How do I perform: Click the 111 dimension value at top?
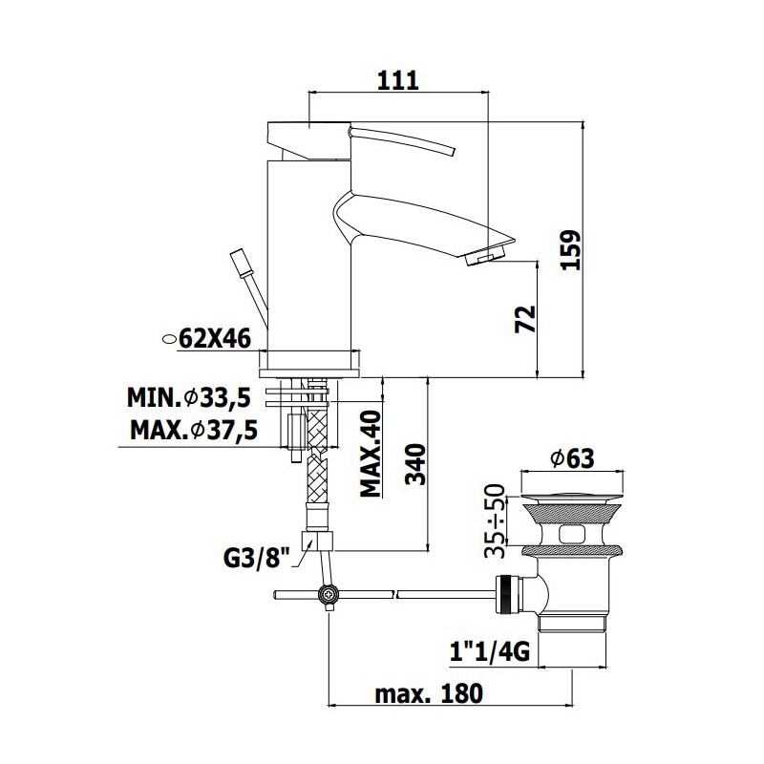[x=398, y=80]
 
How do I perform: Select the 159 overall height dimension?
[x=570, y=250]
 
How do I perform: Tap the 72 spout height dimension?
[x=525, y=320]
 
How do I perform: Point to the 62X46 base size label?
[x=215, y=338]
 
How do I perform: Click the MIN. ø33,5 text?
[x=189, y=397]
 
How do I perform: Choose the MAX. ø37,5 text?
[x=194, y=431]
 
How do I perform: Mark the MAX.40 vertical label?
[x=371, y=454]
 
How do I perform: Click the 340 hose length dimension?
[x=415, y=464]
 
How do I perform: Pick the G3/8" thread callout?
[x=257, y=559]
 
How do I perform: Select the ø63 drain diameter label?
[x=572, y=458]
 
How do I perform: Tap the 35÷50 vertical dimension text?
[x=495, y=520]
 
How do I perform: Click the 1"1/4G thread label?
[x=490, y=651]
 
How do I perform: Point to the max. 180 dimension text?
[x=429, y=693]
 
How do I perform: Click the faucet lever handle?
[x=403, y=140]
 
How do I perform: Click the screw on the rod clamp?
[x=327, y=594]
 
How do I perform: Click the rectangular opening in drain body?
[x=572, y=534]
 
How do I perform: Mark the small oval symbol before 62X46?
[x=169, y=339]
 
